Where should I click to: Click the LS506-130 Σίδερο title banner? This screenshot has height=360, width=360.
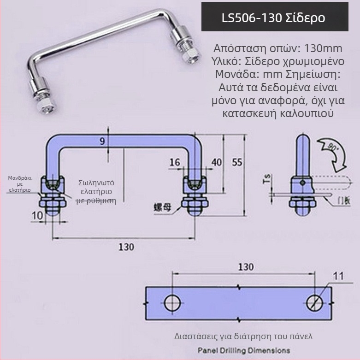click(x=274, y=18)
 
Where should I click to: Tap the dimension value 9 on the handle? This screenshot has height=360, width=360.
click(x=102, y=142)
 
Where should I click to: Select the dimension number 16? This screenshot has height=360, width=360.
click(x=175, y=162)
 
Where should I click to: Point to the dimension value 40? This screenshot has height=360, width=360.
click(x=216, y=162)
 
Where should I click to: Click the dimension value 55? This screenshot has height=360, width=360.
click(x=237, y=162)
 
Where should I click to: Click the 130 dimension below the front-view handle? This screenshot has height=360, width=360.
click(x=126, y=247)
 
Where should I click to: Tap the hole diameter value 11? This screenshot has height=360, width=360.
click(x=339, y=276)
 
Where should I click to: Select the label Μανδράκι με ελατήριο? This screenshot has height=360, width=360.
click(x=19, y=183)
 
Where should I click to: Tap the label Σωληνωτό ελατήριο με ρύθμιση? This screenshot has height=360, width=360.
click(x=96, y=191)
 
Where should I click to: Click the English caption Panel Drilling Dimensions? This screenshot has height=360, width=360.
click(x=244, y=350)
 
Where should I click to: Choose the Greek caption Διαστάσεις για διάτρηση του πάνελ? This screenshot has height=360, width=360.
click(x=243, y=336)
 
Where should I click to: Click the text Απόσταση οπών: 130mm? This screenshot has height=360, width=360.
click(x=278, y=48)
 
